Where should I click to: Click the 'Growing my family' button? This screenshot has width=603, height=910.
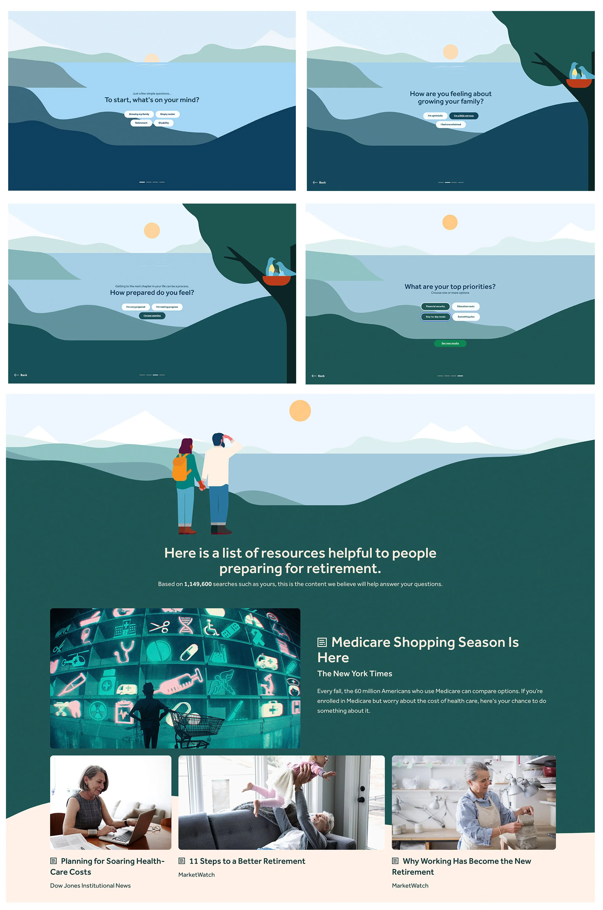[x=139, y=114]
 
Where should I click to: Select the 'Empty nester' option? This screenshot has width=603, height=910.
[x=167, y=114]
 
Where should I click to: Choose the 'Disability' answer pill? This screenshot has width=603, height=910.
[x=164, y=123]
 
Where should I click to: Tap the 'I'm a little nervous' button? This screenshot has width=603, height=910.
[x=464, y=116]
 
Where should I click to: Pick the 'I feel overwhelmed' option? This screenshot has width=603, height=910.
[x=451, y=125]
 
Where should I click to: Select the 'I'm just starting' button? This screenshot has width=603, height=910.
[x=152, y=316]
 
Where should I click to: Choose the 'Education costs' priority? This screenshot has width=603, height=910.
[x=466, y=307]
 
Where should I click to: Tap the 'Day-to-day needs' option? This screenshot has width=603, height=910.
[x=435, y=317]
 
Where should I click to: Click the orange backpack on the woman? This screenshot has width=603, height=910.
[x=181, y=467]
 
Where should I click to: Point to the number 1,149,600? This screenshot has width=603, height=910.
[x=198, y=584]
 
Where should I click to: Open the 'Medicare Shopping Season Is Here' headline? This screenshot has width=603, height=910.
[x=418, y=650]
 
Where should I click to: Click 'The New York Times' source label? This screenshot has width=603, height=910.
[x=355, y=673]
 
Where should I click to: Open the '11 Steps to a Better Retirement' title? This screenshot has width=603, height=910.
[x=247, y=861]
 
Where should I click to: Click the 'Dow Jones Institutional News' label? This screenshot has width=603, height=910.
[x=90, y=885]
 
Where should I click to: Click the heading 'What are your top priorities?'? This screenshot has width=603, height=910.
[x=450, y=286]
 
